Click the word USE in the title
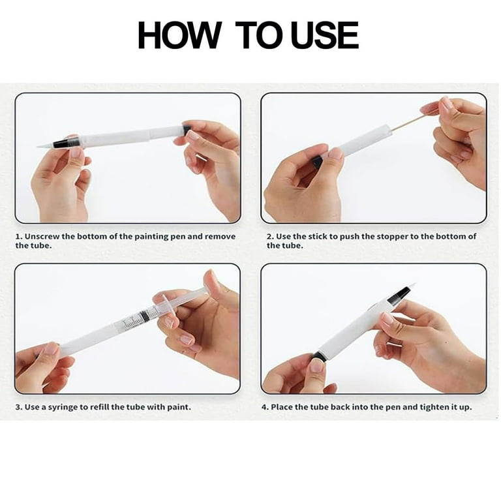pos(324,36)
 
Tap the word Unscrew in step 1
pos(46,236)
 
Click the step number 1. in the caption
pos(19,236)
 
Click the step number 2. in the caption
pos(271,236)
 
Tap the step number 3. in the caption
pos(19,407)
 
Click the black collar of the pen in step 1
pos(66,142)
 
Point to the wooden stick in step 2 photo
pos(408,122)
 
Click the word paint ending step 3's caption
pos(178,407)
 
